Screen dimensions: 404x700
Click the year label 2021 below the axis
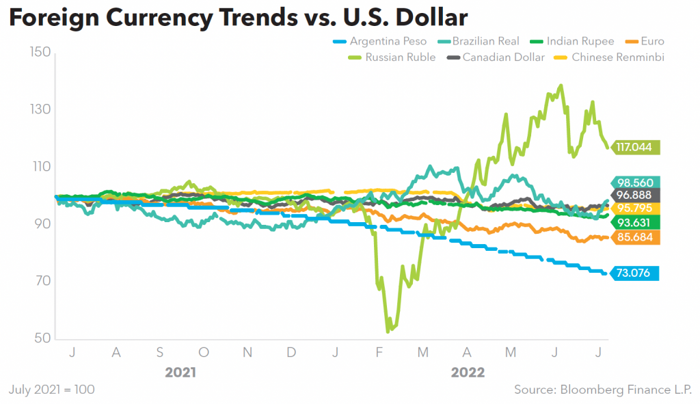[x=180, y=373]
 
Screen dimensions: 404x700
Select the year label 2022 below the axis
[x=468, y=373]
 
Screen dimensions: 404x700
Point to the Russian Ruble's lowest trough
[x=388, y=332]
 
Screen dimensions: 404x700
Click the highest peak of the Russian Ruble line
[x=561, y=85]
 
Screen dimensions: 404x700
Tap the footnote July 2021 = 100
[x=52, y=390]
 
